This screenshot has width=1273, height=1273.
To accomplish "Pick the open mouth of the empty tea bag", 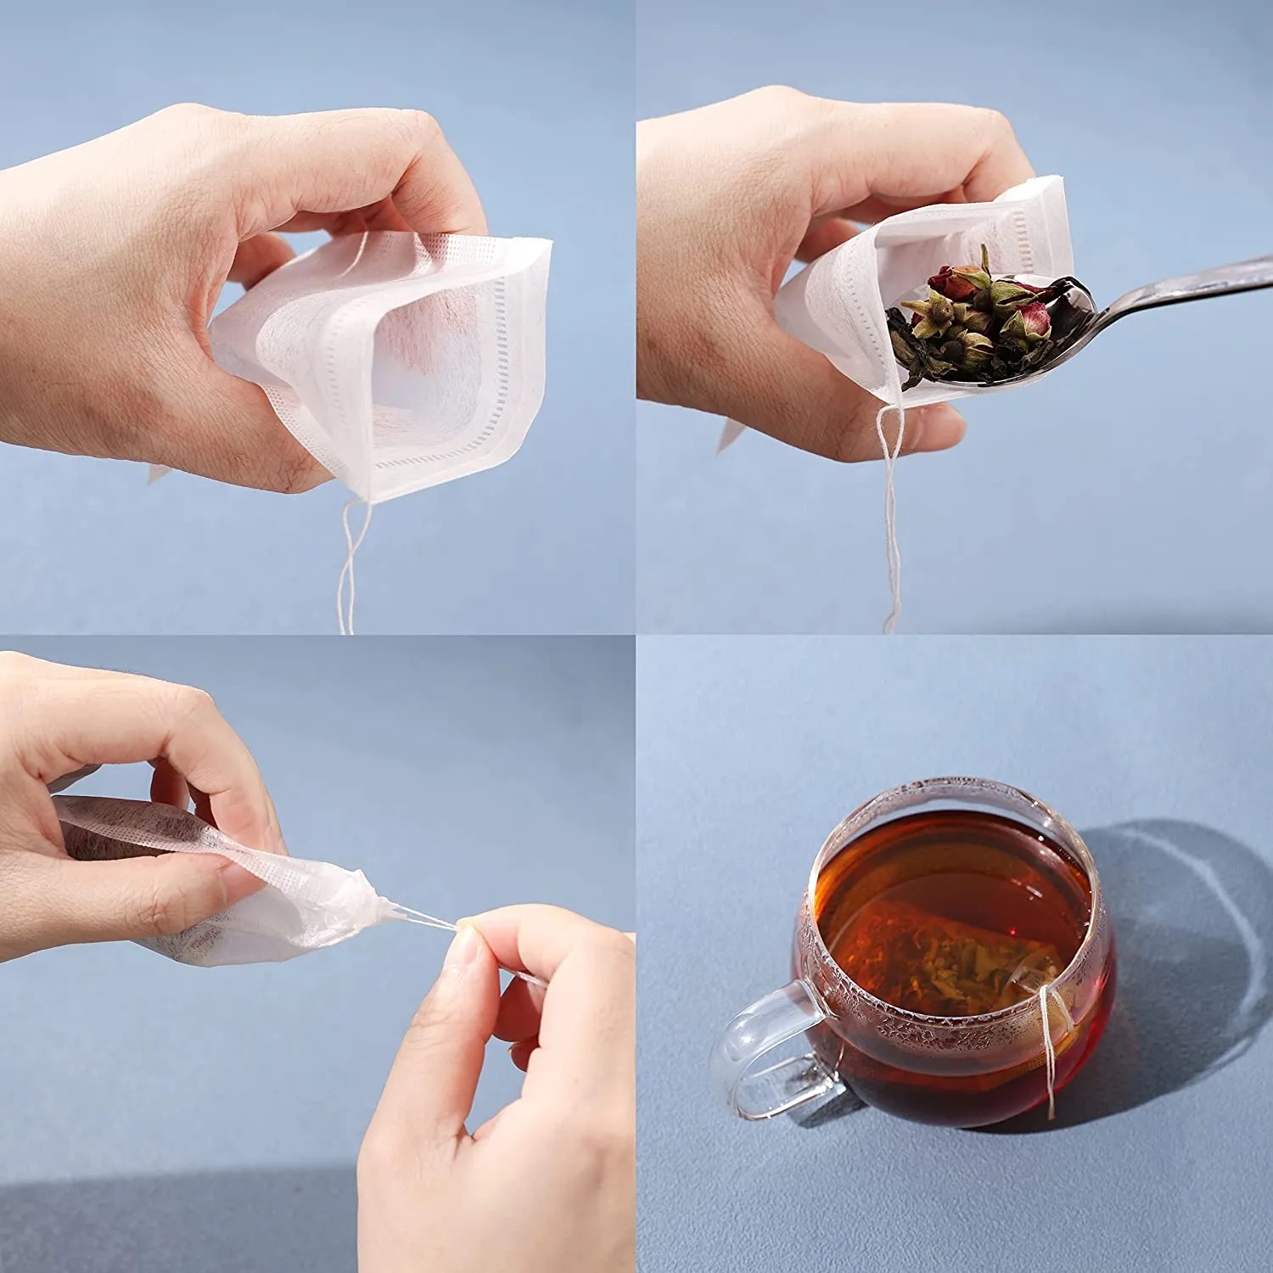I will (424, 356).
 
